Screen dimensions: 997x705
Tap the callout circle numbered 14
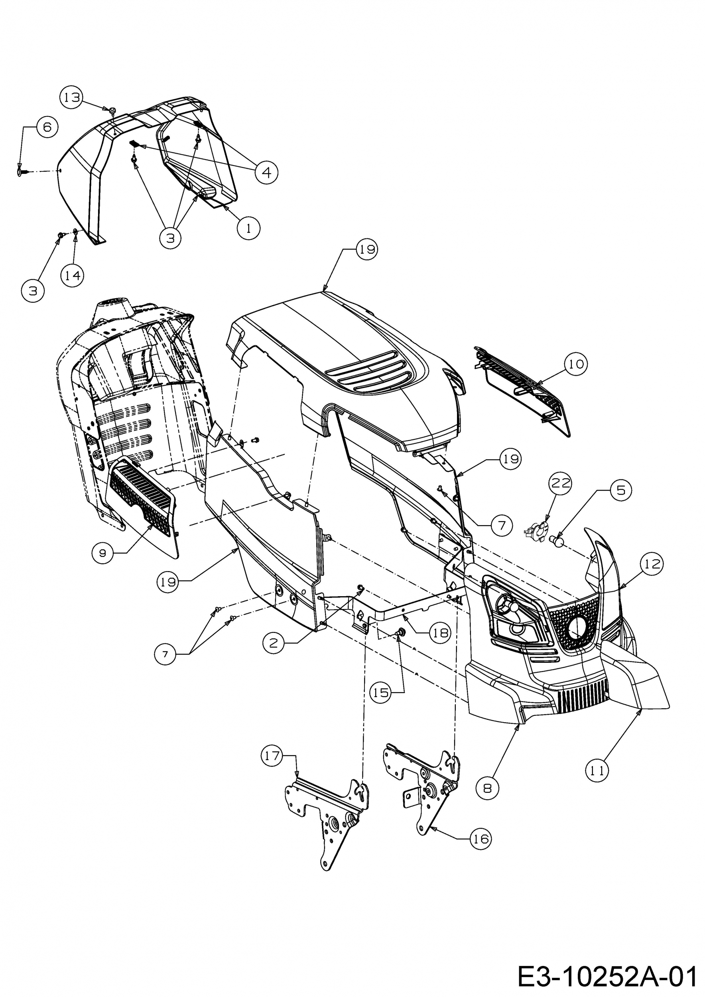tap(72, 275)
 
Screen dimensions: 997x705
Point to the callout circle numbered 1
tap(249, 228)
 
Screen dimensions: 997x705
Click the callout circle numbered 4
tap(266, 173)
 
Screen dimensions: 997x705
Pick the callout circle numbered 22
tap(560, 483)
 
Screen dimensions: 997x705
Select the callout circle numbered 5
tap(621, 490)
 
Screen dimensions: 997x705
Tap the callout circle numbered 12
tap(652, 564)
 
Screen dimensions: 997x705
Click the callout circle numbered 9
tap(103, 553)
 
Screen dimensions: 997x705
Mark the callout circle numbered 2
tap(273, 643)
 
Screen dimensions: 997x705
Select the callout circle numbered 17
tap(272, 756)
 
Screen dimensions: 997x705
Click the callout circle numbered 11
tap(597, 771)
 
